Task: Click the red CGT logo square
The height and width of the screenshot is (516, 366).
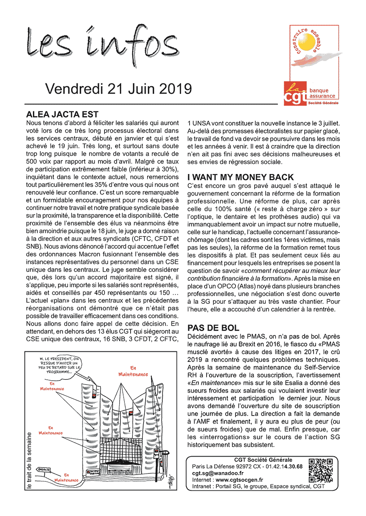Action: coord(295,94)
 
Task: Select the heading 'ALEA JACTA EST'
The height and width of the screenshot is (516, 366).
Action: coord(62,114)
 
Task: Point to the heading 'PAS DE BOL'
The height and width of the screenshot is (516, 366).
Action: coord(213,328)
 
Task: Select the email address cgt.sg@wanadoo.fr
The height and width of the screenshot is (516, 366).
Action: coord(218,473)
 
